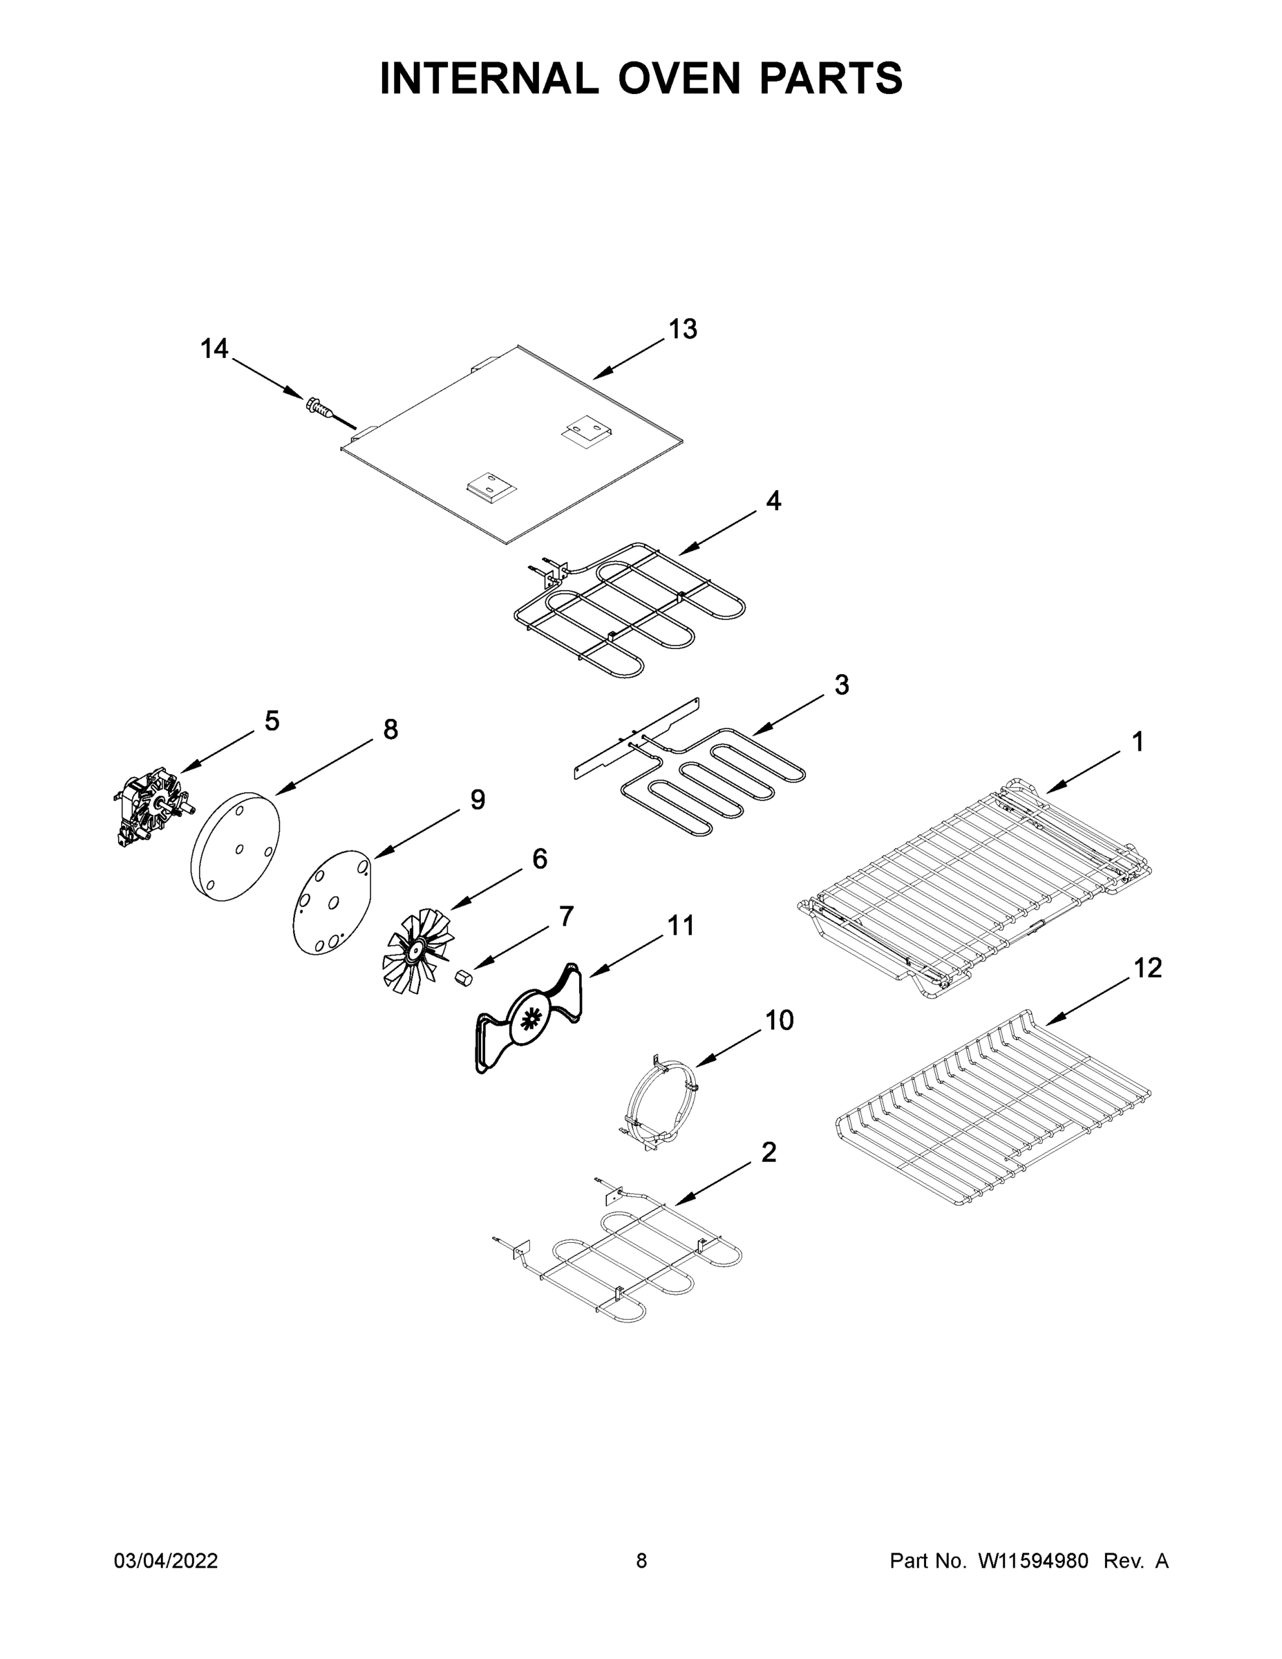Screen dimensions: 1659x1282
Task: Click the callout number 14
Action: pos(214,348)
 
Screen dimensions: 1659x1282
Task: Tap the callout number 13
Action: pos(682,329)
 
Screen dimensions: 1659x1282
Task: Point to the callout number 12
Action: pos(1147,968)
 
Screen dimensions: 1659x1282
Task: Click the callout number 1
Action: pos(1137,742)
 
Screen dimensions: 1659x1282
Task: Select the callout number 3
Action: pos(842,684)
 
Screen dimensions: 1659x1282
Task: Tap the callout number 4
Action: pos(773,500)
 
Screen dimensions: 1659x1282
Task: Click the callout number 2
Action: pos(769,1152)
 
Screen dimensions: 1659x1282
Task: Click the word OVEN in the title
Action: pos(679,78)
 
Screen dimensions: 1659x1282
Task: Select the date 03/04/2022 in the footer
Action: pos(166,1560)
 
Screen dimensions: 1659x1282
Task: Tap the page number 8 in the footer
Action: pos(642,1560)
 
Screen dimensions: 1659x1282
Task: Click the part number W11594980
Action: pos(1033,1560)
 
